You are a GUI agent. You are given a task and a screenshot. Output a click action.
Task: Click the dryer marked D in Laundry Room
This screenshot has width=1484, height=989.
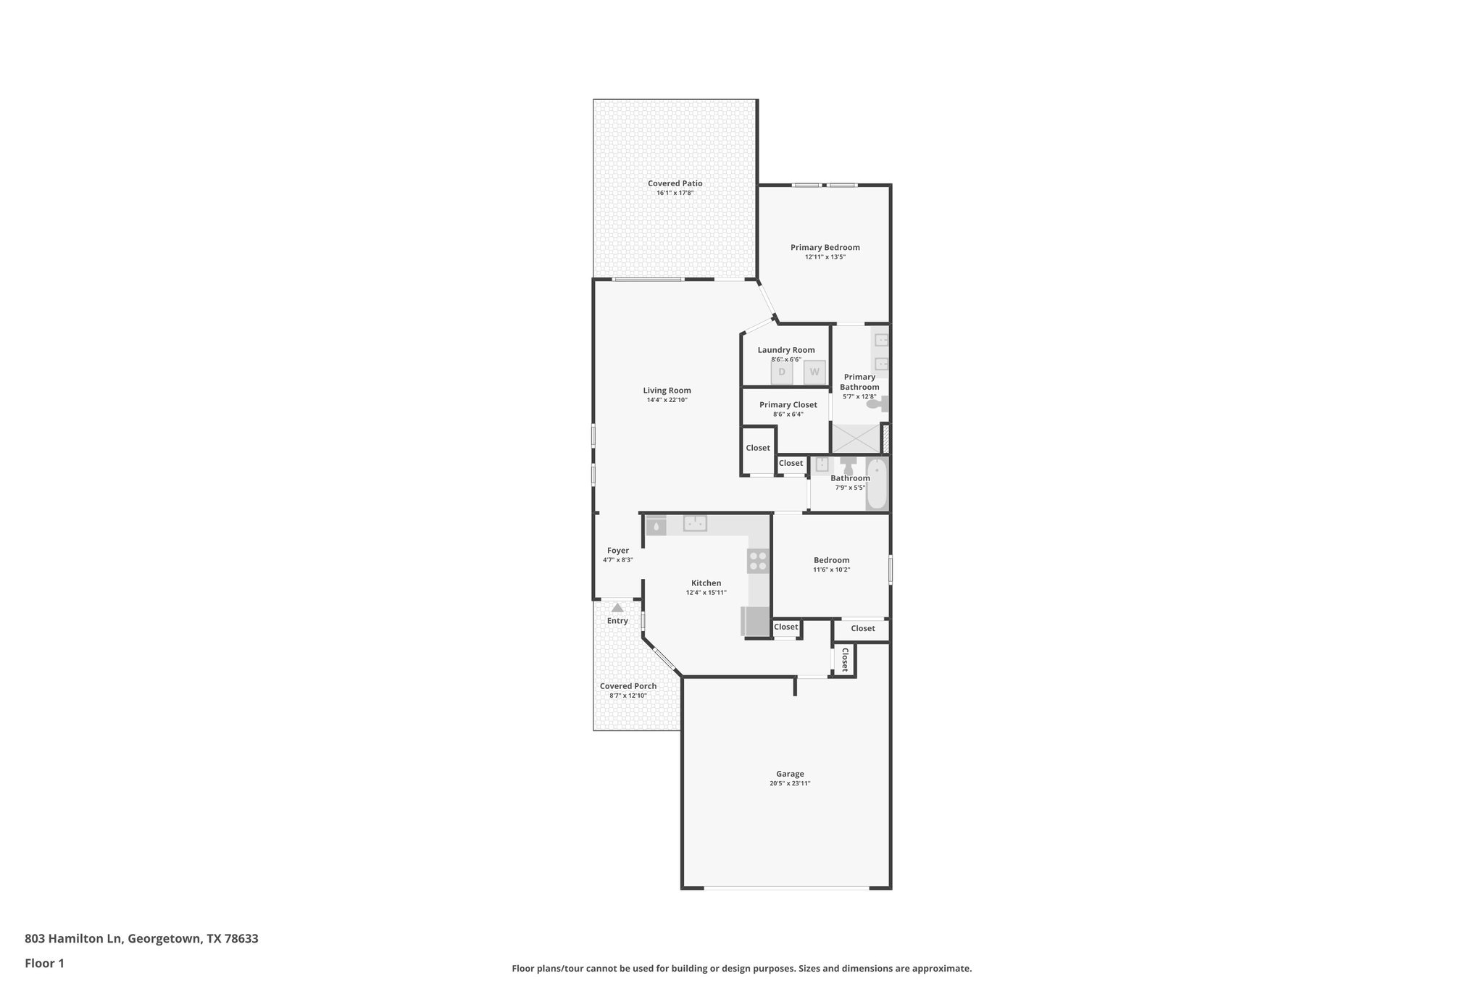(x=781, y=372)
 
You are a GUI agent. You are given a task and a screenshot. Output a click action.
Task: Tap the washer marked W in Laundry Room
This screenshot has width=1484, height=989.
(x=814, y=372)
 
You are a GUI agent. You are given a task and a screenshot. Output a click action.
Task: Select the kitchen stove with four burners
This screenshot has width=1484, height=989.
(x=758, y=561)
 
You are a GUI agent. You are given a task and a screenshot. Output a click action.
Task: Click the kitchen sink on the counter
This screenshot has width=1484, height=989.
(x=695, y=523)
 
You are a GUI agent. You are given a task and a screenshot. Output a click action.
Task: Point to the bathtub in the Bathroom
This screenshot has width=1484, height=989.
(x=877, y=484)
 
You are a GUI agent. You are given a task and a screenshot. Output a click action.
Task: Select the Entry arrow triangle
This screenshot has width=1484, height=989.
(x=617, y=608)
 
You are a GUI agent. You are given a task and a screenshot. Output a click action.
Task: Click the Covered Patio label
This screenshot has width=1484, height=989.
(x=675, y=183)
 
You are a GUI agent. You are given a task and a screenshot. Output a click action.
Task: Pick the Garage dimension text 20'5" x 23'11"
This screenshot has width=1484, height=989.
(x=790, y=783)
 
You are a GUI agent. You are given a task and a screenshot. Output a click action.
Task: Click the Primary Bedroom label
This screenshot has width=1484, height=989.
(x=825, y=247)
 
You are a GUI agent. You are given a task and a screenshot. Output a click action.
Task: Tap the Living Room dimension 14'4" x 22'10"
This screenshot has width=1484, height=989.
(x=667, y=400)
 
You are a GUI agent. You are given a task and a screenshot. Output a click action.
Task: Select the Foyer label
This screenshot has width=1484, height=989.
(x=618, y=551)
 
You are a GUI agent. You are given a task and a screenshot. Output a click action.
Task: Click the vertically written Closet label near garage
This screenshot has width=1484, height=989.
(x=844, y=660)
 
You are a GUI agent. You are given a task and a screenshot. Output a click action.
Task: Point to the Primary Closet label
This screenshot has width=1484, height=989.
(x=788, y=405)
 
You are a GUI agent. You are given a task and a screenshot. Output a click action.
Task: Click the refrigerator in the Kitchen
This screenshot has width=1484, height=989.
(x=755, y=622)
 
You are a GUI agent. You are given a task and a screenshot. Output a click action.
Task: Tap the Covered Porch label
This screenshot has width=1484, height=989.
(x=628, y=686)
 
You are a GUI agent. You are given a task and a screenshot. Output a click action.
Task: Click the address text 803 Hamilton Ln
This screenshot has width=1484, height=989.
(x=74, y=938)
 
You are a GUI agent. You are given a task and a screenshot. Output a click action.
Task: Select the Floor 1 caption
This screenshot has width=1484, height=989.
(x=44, y=964)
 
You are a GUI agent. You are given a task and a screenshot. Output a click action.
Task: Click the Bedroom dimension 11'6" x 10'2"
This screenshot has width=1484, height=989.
(x=831, y=569)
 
